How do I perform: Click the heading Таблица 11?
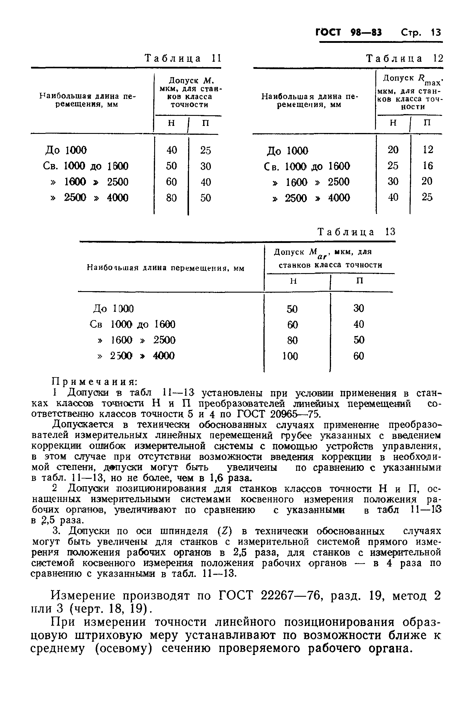pos(183,58)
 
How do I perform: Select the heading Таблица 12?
pos(404,58)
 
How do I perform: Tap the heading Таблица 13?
pos(356,232)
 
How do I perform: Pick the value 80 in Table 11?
pos(171,198)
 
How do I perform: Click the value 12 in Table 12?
pos(428,150)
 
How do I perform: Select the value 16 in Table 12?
pos(428,166)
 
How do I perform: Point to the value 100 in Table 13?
pos(290,356)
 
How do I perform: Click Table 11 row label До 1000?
pos(66,150)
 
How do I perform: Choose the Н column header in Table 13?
pos(294,281)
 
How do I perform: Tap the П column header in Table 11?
pos(205,123)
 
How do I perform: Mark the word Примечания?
pos(95,382)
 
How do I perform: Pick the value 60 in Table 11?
pos(171,182)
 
